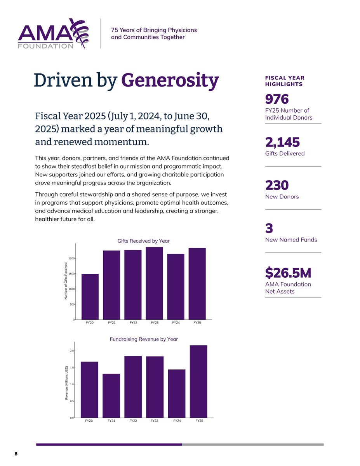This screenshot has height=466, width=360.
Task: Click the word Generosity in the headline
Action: pyautogui.click(x=170, y=80)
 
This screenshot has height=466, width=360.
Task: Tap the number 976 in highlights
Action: pyautogui.click(x=277, y=99)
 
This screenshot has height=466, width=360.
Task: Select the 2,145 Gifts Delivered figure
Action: pyautogui.click(x=282, y=143)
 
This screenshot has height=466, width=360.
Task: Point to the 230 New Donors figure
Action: pyautogui.click(x=277, y=186)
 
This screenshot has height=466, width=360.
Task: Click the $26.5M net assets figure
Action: pyautogui.click(x=288, y=273)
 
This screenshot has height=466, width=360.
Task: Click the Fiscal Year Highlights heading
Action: pyautogui.click(x=285, y=81)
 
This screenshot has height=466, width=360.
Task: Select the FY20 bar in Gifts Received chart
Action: pyautogui.click(x=90, y=297)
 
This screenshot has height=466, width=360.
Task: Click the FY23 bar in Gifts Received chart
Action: pyautogui.click(x=154, y=283)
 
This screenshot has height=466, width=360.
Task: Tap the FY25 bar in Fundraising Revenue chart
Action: pyautogui.click(x=198, y=381)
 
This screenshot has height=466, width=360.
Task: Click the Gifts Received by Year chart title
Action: pyautogui.click(x=144, y=241)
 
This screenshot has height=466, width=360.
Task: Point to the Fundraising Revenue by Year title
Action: pyautogui.click(x=144, y=339)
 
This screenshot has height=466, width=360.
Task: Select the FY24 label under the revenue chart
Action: pyautogui.click(x=177, y=421)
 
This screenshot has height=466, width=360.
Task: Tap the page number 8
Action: pyautogui.click(x=16, y=454)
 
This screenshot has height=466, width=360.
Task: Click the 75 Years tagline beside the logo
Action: pyautogui.click(x=154, y=34)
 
